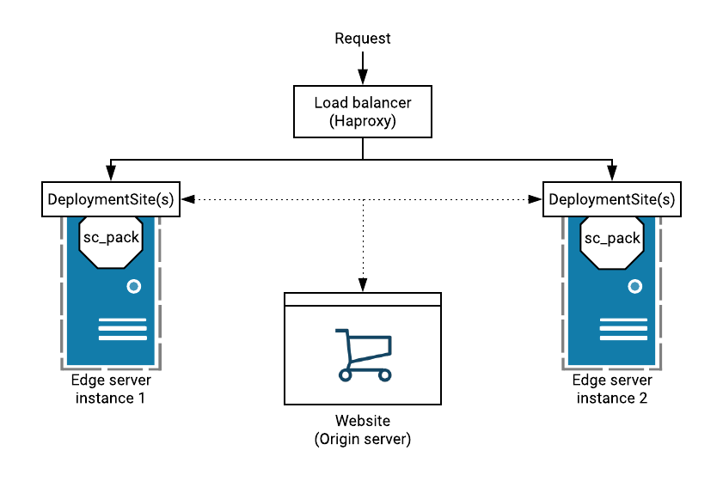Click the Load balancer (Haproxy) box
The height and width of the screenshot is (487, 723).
point(362,112)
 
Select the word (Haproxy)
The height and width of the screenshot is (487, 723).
point(362,121)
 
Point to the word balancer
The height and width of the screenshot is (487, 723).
point(381,103)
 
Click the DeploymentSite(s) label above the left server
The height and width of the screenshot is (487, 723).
point(111,199)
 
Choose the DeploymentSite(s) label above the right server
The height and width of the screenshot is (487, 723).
point(612,199)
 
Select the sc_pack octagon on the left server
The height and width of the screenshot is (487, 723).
point(111,238)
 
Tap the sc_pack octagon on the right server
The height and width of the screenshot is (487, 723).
point(612,238)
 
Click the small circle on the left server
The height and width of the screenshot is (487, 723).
point(133,286)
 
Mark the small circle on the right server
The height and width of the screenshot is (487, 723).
point(634,286)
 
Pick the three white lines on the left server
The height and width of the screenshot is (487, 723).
point(122,329)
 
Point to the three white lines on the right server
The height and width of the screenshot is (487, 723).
point(623,329)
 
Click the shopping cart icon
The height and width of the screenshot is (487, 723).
point(362,353)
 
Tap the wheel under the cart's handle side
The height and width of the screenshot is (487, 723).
point(346,374)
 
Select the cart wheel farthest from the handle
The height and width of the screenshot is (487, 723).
point(384,374)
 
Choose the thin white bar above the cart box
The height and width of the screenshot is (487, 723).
point(362,299)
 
